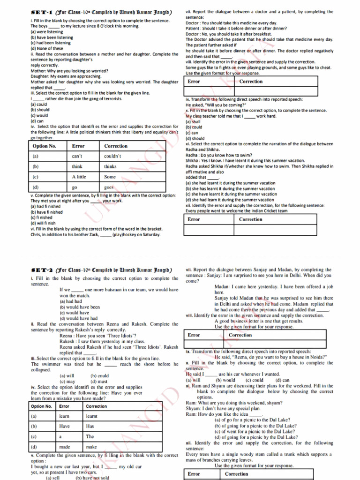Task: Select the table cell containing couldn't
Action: pyautogui.click(x=112, y=156)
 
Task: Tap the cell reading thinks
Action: pyautogui.click(x=110, y=166)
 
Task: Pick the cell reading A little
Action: pyautogui.click(x=79, y=177)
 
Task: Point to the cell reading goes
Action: pyautogui.click(x=109, y=187)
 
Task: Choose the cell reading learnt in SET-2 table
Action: pyautogui.click(x=92, y=416)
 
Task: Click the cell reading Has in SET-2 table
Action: pyautogui.click(x=90, y=426)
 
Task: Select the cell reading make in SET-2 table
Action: pyautogui.click(x=91, y=447)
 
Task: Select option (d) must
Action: pyautogui.click(x=99, y=382)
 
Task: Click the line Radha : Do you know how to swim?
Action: pyautogui.click(x=219, y=155)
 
